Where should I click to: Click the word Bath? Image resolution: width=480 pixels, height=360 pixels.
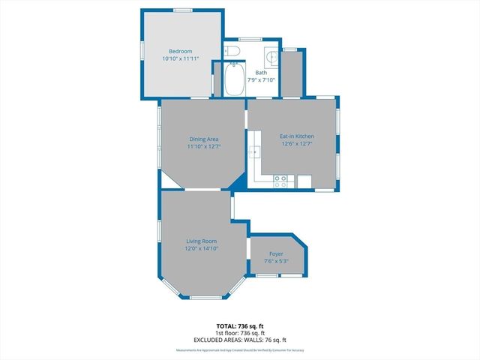pyautogui.click(x=260, y=73)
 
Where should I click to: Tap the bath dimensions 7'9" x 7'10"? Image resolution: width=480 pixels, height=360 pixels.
pyautogui.click(x=260, y=80)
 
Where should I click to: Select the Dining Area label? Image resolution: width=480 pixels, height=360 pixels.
pyautogui.click(x=202, y=139)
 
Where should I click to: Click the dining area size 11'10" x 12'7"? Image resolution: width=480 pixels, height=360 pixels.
pyautogui.click(x=202, y=146)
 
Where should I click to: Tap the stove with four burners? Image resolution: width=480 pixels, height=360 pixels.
pyautogui.click(x=282, y=181)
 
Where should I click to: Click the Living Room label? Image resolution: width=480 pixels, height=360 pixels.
pyautogui.click(x=202, y=241)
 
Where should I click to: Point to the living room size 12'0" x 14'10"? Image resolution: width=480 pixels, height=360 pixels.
pyautogui.click(x=202, y=248)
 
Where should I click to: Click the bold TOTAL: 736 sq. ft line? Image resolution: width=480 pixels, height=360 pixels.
pyautogui.click(x=240, y=325)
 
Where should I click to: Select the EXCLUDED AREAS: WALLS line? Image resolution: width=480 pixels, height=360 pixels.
pyautogui.click(x=240, y=340)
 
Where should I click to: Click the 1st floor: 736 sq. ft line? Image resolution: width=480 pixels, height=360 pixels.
pyautogui.click(x=240, y=333)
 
